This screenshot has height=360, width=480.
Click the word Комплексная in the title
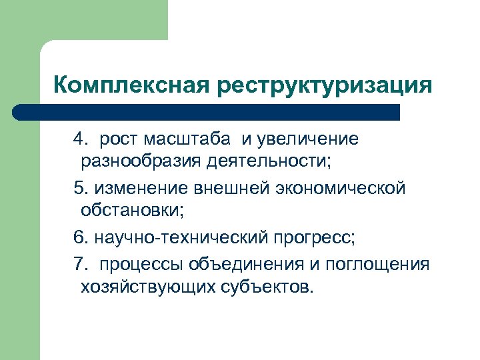click(x=129, y=85)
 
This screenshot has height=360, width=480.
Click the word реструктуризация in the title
click(x=323, y=85)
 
